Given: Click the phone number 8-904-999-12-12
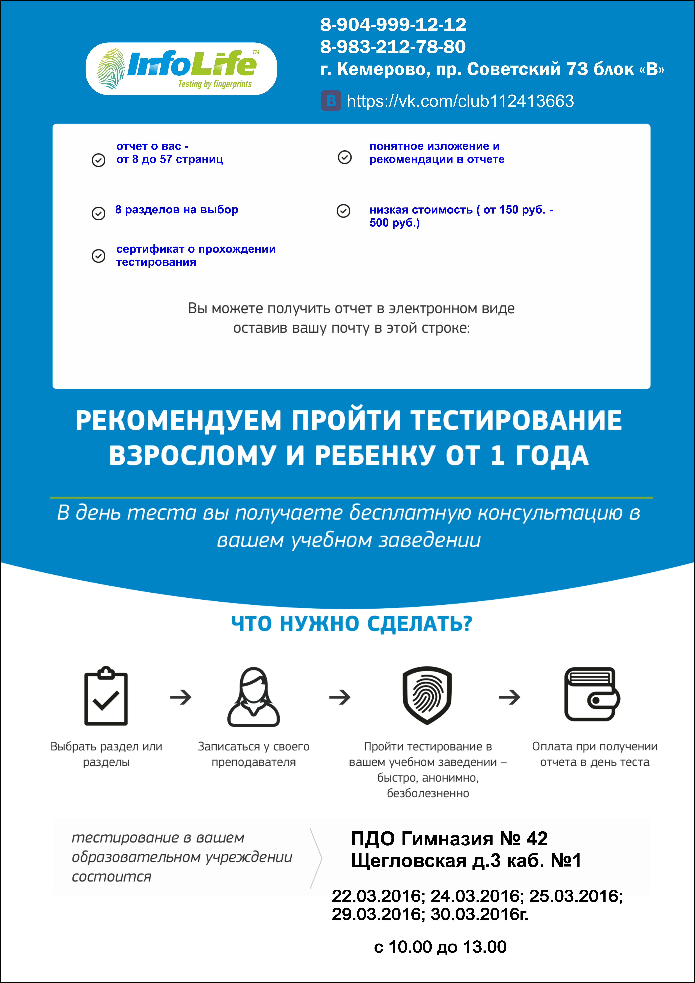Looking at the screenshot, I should [393, 25].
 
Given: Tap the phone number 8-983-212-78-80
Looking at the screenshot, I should [393, 47].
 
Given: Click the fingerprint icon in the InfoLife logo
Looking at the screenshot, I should [110, 68].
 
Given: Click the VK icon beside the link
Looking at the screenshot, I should [331, 101].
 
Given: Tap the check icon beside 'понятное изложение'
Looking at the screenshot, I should [345, 157].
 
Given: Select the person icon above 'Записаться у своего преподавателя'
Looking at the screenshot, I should [253, 697].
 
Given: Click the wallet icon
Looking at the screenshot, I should [592, 694].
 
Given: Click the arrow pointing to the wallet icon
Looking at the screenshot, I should [509, 697].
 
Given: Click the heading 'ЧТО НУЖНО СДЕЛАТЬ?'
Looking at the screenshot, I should [351, 624].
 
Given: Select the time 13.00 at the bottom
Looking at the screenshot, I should [485, 947].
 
